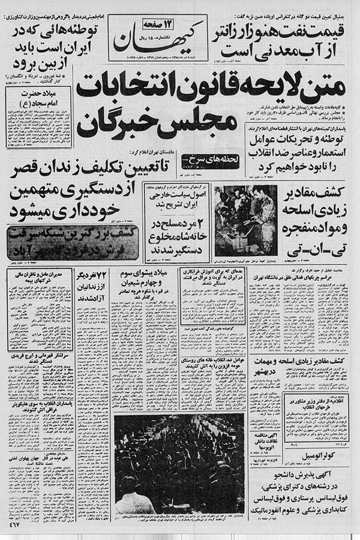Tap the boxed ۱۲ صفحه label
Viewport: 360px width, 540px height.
point(142,23)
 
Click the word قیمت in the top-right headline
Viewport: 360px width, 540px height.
point(334,28)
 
